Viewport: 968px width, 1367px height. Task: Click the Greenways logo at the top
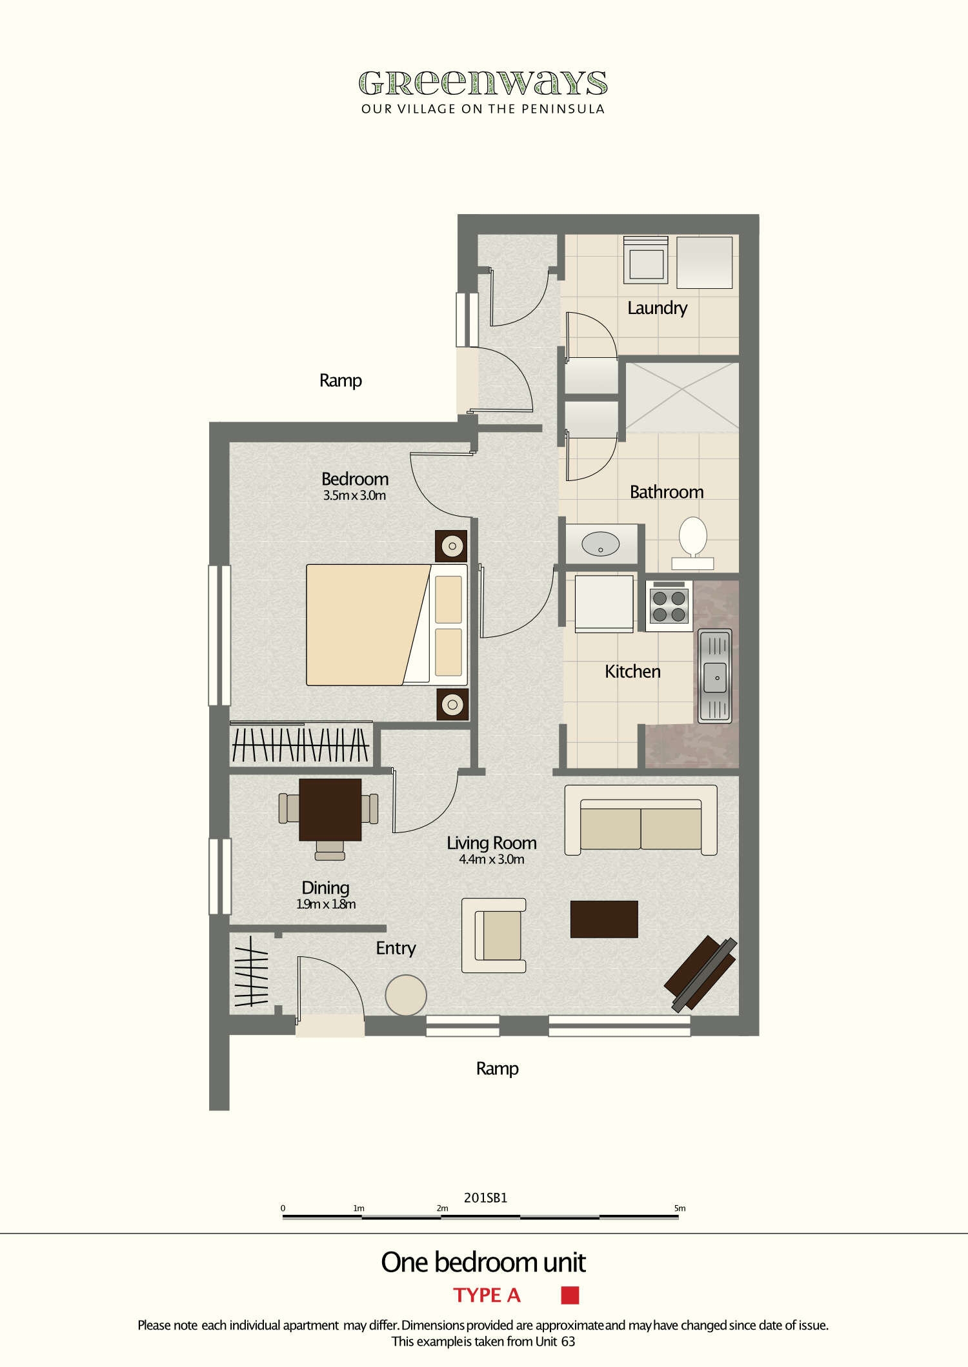click(x=483, y=83)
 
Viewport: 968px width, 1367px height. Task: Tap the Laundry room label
click(x=657, y=308)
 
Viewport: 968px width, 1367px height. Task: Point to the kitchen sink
click(x=715, y=676)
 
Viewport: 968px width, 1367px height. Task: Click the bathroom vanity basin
click(x=600, y=544)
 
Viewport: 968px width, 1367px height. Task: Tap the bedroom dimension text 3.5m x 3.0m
click(x=354, y=496)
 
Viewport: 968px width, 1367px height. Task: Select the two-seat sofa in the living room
click(x=641, y=820)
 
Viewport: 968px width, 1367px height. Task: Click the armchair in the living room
click(x=494, y=936)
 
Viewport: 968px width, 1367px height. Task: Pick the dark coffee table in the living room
click(x=604, y=919)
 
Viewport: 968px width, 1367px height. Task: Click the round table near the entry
click(x=406, y=995)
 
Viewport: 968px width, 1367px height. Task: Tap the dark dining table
click(x=330, y=809)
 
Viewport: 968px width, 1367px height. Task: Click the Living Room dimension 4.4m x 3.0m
click(x=492, y=860)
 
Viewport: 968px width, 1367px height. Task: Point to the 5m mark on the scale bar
click(x=680, y=1208)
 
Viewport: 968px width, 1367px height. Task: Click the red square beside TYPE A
click(x=570, y=1295)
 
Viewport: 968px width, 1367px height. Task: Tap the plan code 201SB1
click(x=485, y=1198)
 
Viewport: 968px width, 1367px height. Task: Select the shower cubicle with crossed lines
click(x=682, y=396)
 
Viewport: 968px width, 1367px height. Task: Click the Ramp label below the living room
click(x=497, y=1068)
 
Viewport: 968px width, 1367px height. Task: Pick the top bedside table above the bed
click(x=452, y=547)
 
